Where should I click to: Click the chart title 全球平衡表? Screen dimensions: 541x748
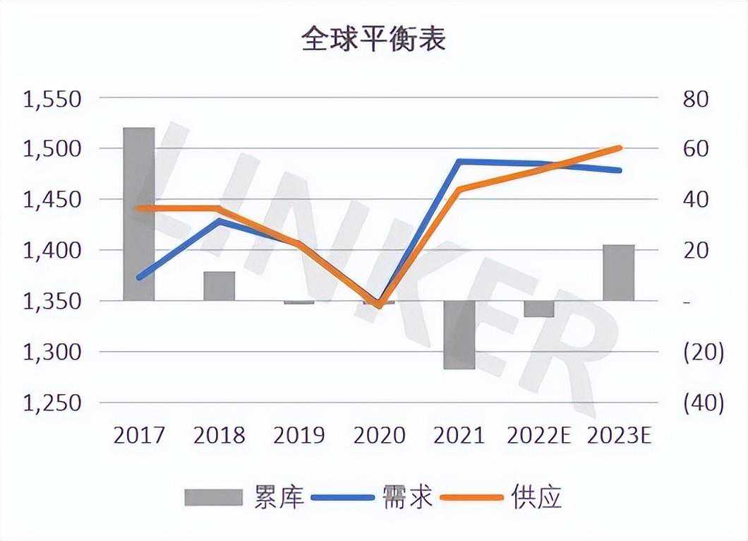373,40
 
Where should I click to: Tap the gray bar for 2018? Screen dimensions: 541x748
219,286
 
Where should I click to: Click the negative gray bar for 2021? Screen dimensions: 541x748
460,335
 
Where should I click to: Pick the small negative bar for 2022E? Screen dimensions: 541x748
539,309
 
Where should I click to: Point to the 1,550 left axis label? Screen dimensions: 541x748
54,99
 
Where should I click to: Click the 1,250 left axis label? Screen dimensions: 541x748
54,403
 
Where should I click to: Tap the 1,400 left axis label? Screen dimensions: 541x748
54,251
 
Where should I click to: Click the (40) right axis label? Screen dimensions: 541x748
704,403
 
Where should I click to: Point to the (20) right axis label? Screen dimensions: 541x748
704,352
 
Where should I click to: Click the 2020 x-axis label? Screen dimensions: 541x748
380,435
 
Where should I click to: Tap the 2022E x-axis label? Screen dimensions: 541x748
538,435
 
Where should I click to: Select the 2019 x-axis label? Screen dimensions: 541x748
299,435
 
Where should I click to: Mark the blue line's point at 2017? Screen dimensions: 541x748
139,277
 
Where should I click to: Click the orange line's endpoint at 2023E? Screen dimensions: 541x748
619,148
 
